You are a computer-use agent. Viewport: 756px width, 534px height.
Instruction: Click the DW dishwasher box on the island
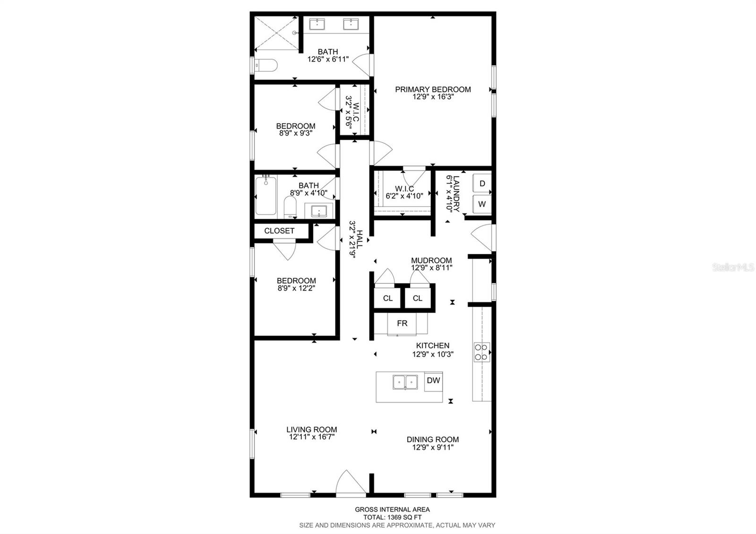[x=433, y=381]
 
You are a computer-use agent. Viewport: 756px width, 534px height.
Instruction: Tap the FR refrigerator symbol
[x=402, y=324]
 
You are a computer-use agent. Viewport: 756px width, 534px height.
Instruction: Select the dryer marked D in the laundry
[x=482, y=183]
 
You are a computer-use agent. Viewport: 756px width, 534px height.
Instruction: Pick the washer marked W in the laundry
[x=482, y=204]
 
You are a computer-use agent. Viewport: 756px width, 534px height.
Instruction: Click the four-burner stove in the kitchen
[x=481, y=352]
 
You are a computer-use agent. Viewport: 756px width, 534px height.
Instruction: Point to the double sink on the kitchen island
[x=405, y=382]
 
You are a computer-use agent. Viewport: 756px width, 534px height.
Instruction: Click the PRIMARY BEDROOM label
[x=433, y=89]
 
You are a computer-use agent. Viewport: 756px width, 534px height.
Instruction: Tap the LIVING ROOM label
[x=311, y=430]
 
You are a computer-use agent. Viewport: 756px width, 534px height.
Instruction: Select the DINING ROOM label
[x=433, y=439]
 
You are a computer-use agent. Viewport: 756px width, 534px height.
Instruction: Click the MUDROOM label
[x=431, y=260]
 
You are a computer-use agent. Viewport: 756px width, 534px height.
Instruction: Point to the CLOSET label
[x=279, y=231]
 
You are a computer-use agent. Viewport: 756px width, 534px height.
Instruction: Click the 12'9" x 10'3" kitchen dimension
[x=433, y=354]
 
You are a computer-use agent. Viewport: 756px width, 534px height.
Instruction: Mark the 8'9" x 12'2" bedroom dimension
[x=296, y=288]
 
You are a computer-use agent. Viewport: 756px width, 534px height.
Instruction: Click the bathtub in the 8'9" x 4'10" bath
[x=266, y=196]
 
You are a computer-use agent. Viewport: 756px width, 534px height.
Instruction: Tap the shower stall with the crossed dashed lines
[x=276, y=33]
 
